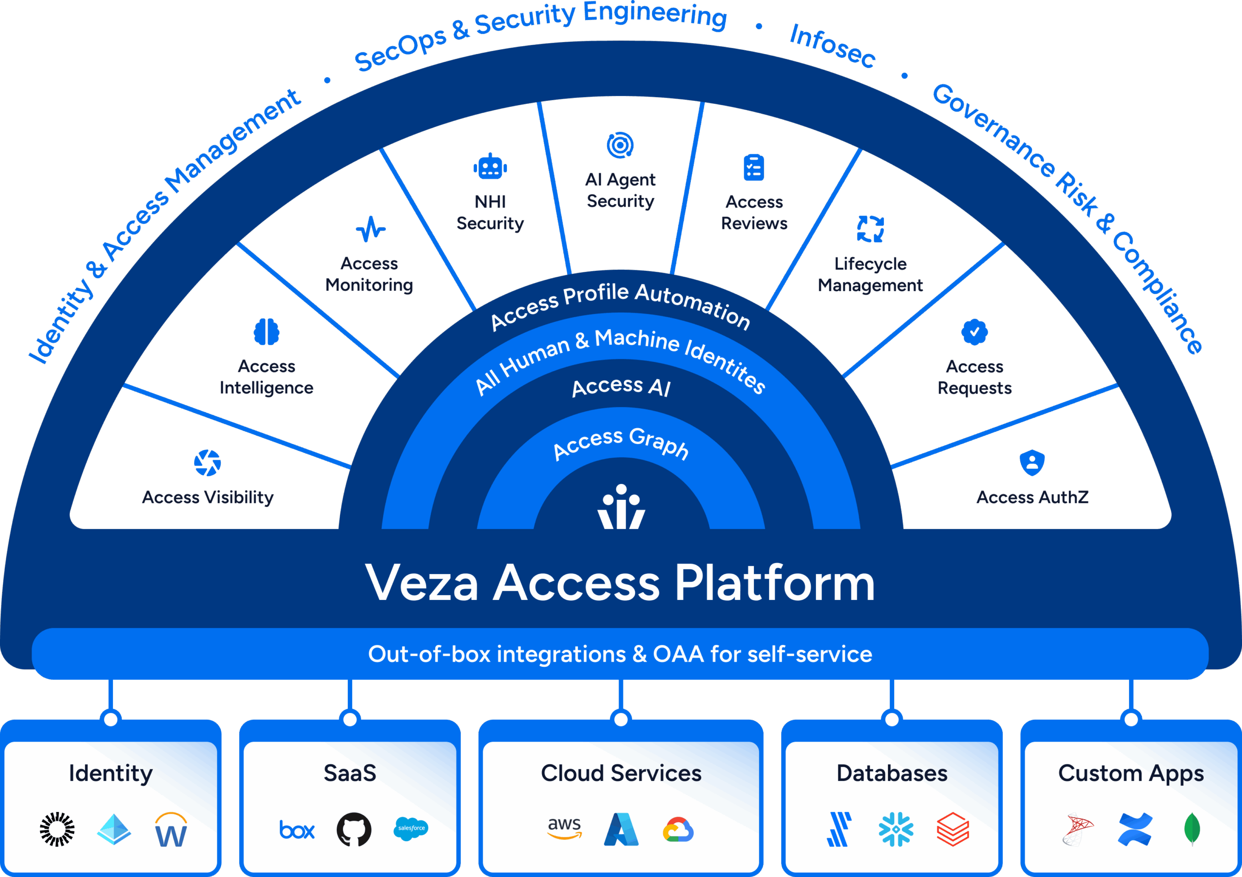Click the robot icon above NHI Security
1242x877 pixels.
coord(490,166)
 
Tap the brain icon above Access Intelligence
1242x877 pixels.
coord(266,331)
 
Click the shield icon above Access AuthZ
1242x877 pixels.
coord(1031,463)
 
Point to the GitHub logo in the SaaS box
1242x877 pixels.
coord(354,829)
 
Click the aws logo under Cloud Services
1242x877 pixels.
coord(564,828)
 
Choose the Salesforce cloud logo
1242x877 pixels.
coord(411,828)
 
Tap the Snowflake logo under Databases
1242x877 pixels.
coord(896,829)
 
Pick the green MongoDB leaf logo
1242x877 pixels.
coord(1192,829)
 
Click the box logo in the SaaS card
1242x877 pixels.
coord(296,829)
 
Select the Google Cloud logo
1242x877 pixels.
coord(678,829)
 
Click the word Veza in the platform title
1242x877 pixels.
coord(422,583)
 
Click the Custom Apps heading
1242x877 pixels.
coord(1130,773)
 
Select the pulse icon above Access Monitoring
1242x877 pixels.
coord(371,230)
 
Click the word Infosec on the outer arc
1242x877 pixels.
coord(832,47)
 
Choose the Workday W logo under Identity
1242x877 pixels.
coord(171,829)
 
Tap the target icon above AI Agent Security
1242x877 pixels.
coord(620,145)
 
